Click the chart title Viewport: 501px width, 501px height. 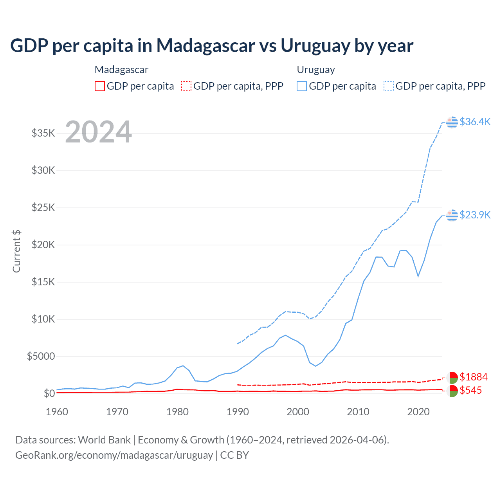point(212,46)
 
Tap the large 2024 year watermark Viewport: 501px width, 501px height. point(98,132)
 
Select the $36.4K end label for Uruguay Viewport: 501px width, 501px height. point(475,122)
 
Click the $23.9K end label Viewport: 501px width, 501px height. point(475,215)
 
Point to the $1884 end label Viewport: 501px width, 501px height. point(474,377)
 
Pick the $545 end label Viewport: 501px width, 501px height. point(471,390)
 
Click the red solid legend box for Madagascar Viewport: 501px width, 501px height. point(100,86)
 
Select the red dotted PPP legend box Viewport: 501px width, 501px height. point(186,86)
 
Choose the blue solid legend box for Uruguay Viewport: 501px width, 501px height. point(302,86)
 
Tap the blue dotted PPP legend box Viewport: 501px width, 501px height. point(389,86)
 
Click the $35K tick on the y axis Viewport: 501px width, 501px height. point(43,133)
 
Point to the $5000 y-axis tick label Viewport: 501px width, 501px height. point(41,356)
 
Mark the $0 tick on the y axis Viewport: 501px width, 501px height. point(49,393)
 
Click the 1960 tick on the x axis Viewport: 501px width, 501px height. point(57,412)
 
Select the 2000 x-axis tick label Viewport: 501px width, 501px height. point(298,412)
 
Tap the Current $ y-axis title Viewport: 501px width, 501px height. point(16,251)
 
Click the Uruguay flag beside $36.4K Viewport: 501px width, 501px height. point(452,122)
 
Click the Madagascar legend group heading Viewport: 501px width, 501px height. point(121,70)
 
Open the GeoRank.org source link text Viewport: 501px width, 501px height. point(114,455)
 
